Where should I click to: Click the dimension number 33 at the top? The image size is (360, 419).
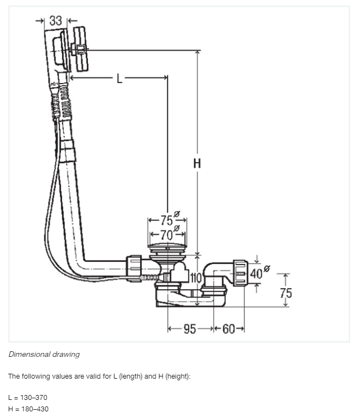[56, 21]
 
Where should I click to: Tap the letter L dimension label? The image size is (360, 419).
[119, 79]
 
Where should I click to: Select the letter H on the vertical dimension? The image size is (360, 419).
[197, 163]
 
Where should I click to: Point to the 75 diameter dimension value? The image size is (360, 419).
[166, 220]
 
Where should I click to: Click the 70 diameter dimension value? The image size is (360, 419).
[166, 235]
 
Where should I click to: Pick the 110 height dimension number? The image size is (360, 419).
[196, 278]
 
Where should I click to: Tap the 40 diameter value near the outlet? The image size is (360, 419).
[256, 274]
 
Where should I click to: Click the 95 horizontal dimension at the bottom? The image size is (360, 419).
[190, 329]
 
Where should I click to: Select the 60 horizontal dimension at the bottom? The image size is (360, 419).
[229, 329]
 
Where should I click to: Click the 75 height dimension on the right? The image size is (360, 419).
[286, 293]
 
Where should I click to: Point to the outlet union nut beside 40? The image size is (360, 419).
[241, 273]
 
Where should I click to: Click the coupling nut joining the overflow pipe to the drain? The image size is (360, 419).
[134, 268]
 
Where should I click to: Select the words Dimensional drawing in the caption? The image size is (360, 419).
[44, 354]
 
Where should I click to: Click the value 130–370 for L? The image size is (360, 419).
[34, 398]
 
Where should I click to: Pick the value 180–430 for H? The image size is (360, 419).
[35, 409]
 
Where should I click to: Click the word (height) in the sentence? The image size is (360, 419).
[178, 376]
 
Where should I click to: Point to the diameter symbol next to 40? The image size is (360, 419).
[267, 268]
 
